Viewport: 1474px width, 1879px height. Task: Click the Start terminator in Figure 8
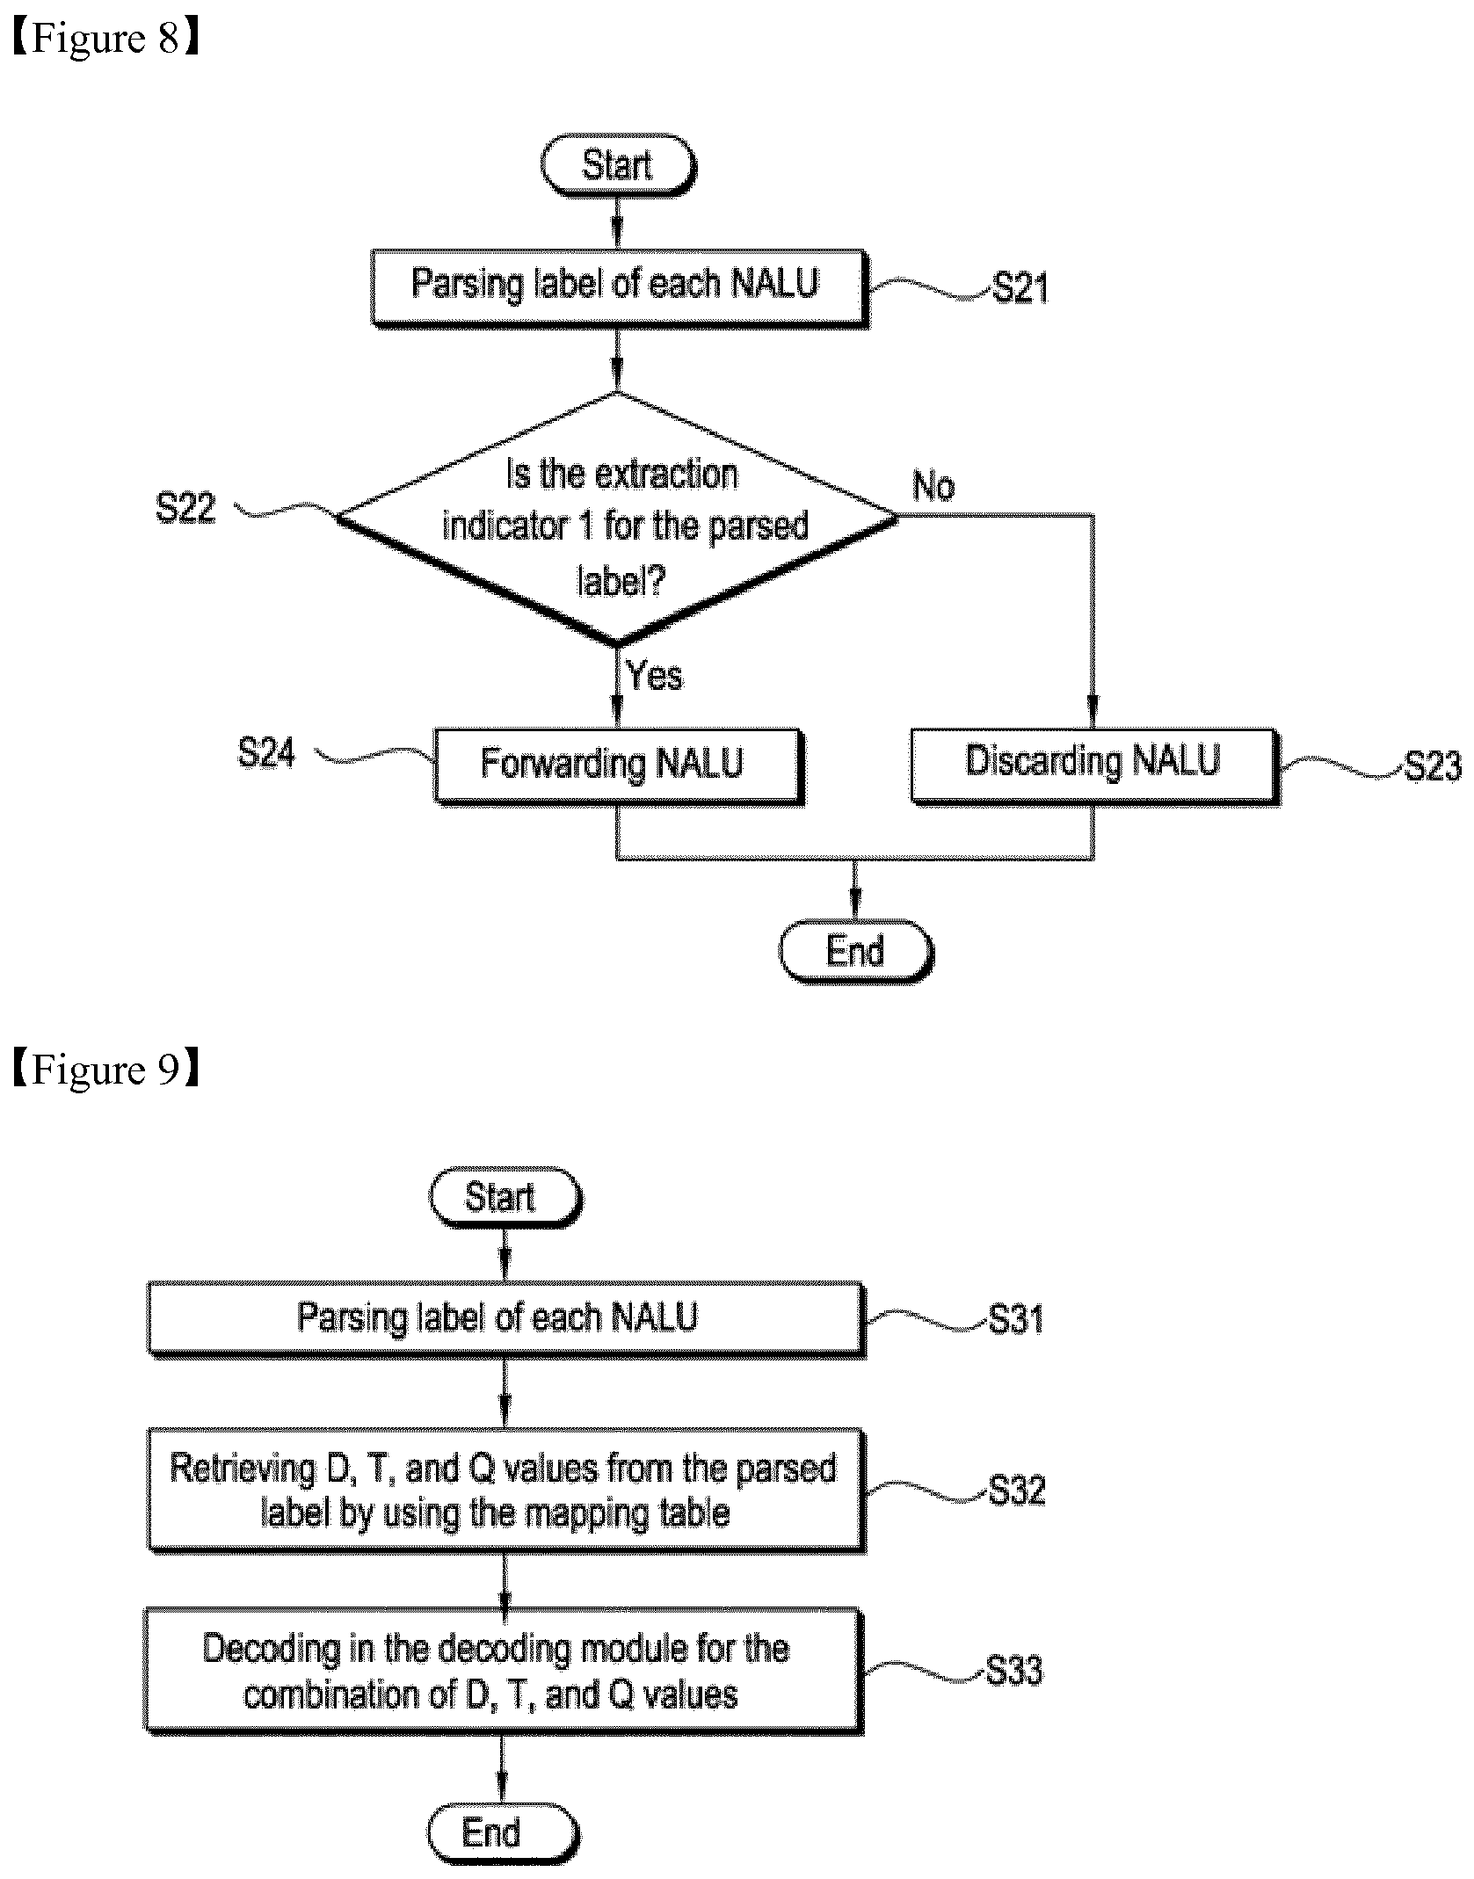[x=618, y=165]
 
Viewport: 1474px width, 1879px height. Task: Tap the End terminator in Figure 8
[x=856, y=952]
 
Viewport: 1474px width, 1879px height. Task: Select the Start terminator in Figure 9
[x=505, y=1198]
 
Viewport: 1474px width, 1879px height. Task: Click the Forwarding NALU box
[x=619, y=765]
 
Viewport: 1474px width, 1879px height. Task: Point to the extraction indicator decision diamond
[x=618, y=520]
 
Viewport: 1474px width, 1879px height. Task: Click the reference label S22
[x=185, y=508]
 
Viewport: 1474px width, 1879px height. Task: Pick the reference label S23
[x=1433, y=765]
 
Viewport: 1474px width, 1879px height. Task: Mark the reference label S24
[x=266, y=753]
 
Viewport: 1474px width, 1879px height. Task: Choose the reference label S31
[x=1016, y=1319]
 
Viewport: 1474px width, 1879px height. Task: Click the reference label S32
[x=1017, y=1491]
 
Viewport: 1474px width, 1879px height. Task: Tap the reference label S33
[x=1014, y=1670]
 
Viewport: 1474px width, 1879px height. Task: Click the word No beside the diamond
[x=933, y=486]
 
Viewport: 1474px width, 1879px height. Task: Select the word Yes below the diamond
[x=655, y=676]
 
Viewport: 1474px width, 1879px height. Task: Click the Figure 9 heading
[x=105, y=1070]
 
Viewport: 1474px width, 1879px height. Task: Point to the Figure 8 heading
[x=105, y=39]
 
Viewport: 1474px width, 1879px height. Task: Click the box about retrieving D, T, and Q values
[x=506, y=1491]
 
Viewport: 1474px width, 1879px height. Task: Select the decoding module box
[x=505, y=1672]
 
